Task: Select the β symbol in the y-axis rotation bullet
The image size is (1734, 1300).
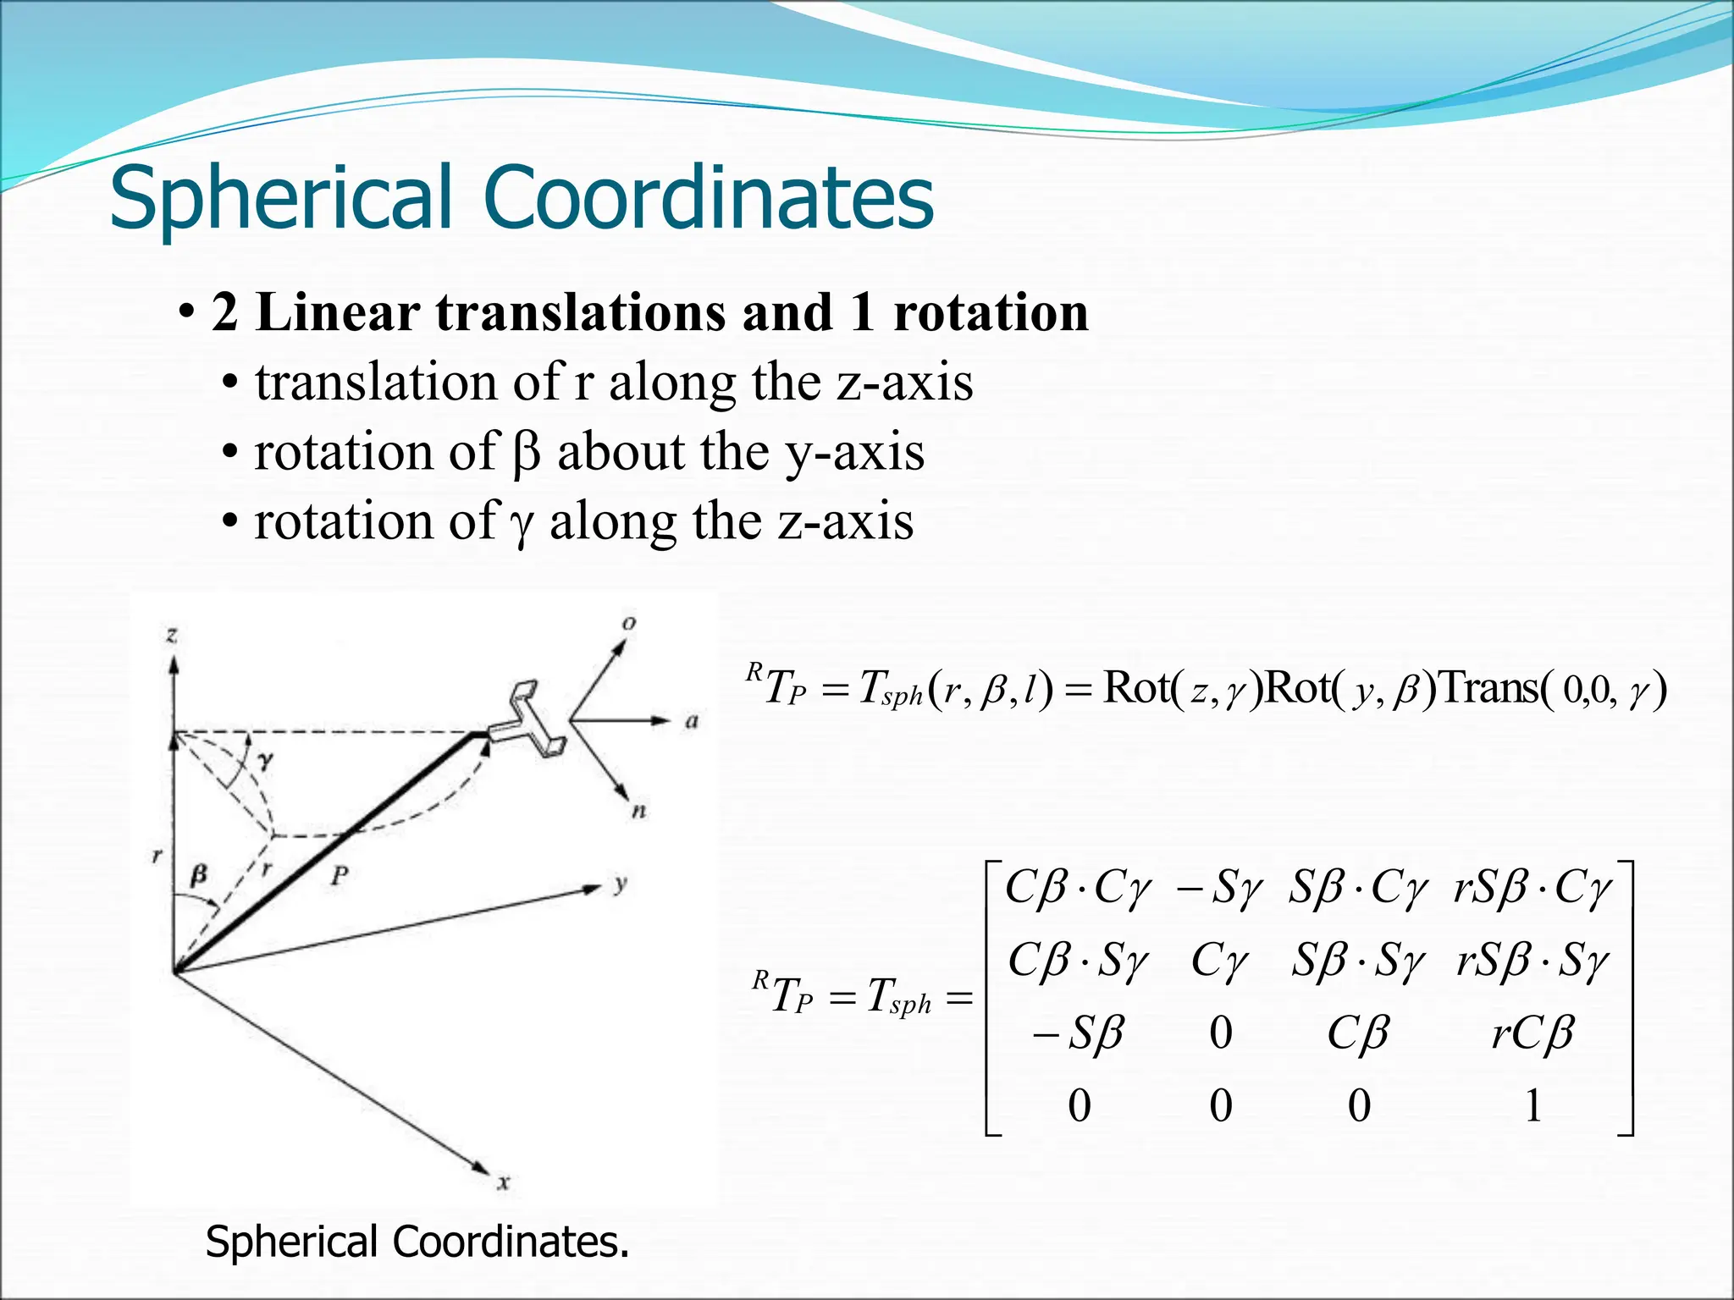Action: click(x=526, y=452)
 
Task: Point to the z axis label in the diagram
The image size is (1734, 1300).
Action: click(x=172, y=634)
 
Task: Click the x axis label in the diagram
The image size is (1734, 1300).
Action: click(x=504, y=1182)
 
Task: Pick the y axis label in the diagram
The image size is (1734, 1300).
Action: click(x=621, y=884)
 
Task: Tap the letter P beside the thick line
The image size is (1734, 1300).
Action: click(x=340, y=875)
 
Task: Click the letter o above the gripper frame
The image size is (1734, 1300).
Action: click(x=629, y=624)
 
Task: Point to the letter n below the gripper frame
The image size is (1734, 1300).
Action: click(x=639, y=810)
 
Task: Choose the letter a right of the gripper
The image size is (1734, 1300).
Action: click(x=692, y=721)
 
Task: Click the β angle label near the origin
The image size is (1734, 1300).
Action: click(x=198, y=873)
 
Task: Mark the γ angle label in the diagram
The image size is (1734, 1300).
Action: click(x=266, y=761)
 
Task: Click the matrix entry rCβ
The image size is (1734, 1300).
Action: click(x=1532, y=1033)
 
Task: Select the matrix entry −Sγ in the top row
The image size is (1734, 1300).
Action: click(x=1220, y=889)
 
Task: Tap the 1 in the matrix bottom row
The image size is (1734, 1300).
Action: click(x=1532, y=1105)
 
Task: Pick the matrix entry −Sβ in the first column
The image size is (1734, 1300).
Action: click(x=1079, y=1033)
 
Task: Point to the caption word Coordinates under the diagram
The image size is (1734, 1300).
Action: click(x=511, y=1242)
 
